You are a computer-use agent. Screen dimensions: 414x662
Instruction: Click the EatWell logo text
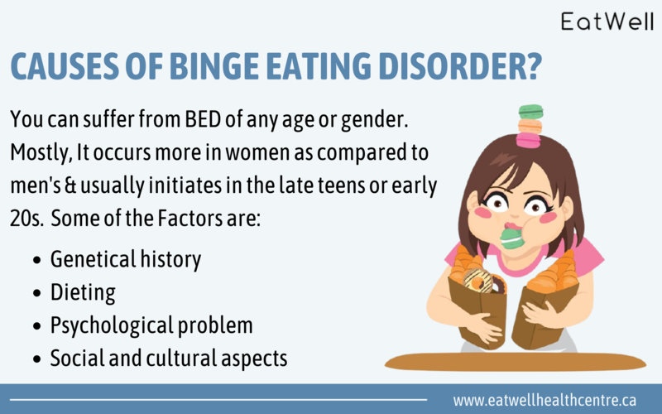607,22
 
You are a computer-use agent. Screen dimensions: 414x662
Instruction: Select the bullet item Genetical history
125,259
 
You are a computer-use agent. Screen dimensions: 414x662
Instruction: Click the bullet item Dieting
83,292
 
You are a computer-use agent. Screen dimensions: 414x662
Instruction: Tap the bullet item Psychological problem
151,325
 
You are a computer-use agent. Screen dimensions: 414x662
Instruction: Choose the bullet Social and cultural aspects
168,359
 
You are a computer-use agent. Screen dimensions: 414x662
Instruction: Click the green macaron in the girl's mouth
512,238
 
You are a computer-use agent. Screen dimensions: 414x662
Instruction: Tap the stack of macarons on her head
529,126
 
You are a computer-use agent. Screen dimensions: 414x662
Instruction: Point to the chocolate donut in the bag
479,279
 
